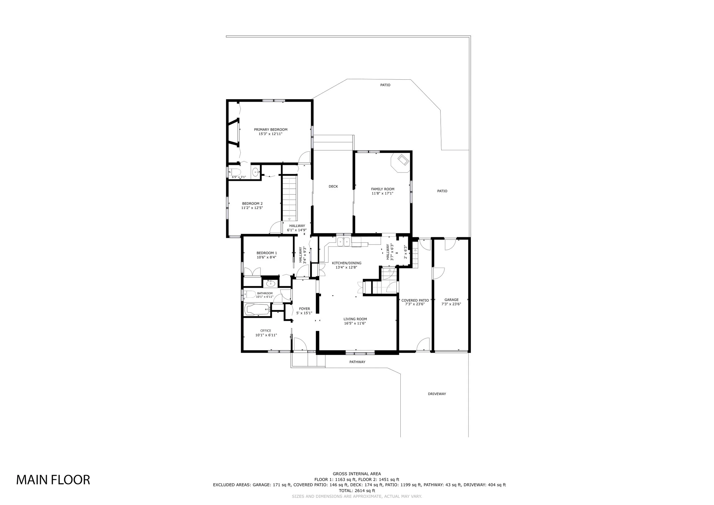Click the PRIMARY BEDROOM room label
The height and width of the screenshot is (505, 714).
coord(270,130)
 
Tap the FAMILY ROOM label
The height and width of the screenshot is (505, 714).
coord(382,189)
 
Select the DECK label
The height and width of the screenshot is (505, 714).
coord(333,187)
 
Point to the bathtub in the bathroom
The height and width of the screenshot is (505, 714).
coord(257,309)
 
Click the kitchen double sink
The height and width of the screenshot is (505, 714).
coord(344,242)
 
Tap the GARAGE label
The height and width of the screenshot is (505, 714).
coord(451,300)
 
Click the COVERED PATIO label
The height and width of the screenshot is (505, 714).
coord(415,300)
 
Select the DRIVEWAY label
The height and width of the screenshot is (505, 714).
coord(437,394)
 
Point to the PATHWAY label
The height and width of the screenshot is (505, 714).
coord(357,362)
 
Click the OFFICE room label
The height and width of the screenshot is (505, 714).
coord(266,330)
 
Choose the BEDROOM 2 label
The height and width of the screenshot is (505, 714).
coord(252,204)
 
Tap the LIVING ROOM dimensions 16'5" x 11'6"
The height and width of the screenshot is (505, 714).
coord(355,323)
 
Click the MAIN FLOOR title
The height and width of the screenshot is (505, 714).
coord(53,480)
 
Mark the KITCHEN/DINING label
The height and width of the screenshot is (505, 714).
coord(346,263)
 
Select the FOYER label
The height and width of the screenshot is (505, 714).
coord(304,309)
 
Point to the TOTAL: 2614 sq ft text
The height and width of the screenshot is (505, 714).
coord(357,491)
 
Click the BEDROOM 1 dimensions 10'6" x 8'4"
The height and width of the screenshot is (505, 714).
coord(266,257)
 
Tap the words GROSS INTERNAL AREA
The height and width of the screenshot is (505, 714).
coord(357,474)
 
